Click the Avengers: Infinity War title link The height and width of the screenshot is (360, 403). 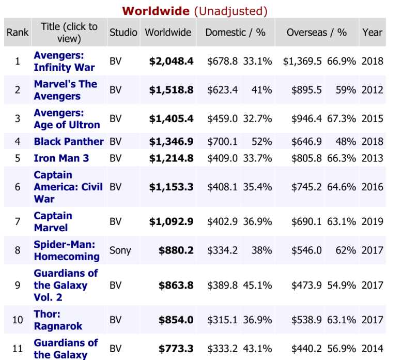64,61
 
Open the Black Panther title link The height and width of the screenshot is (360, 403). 69,141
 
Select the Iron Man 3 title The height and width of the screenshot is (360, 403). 61,158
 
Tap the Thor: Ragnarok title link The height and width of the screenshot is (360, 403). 58,320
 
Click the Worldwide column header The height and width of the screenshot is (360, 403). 168,32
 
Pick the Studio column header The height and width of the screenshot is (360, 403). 123,32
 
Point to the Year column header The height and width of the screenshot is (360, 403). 372,32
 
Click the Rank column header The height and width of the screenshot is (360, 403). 18,32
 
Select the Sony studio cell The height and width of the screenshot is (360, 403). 120,250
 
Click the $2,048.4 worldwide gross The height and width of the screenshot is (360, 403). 171,61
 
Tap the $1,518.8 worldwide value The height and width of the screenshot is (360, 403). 171,90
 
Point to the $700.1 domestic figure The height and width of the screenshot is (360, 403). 222,141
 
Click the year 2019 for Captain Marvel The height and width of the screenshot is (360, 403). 372,221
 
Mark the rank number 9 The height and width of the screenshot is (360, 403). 18,285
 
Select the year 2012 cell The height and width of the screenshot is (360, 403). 372,90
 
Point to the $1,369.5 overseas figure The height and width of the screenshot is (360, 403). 302,61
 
